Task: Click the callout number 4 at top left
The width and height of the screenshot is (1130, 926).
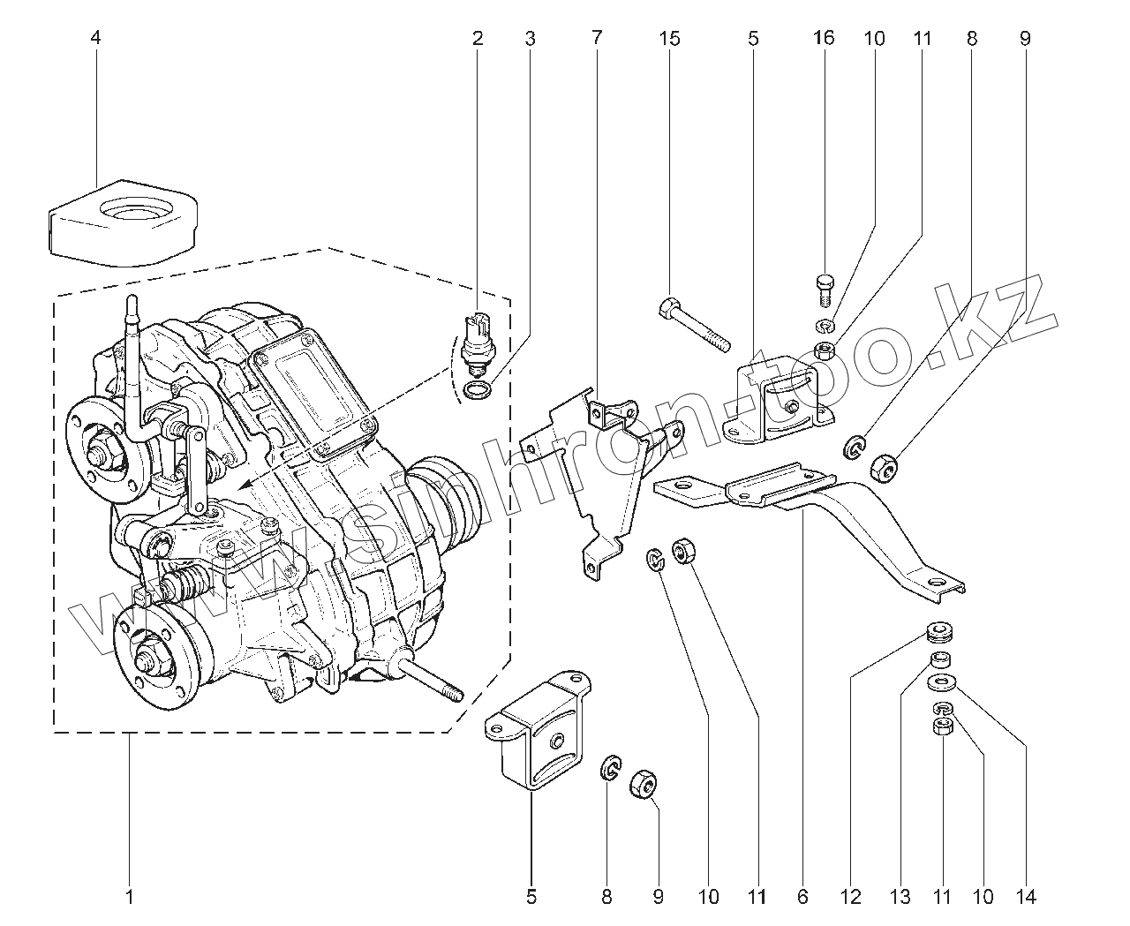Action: [95, 38]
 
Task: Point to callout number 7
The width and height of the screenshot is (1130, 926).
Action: [597, 38]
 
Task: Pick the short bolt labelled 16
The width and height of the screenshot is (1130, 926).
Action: [822, 288]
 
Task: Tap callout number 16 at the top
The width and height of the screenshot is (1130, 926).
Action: [823, 38]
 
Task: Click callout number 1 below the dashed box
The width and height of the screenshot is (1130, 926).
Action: [129, 898]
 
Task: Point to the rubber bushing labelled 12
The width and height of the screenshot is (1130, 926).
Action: [938, 633]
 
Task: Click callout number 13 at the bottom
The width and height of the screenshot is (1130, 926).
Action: [899, 898]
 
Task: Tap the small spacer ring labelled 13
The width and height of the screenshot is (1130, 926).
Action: [939, 659]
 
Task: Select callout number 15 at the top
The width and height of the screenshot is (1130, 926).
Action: [669, 38]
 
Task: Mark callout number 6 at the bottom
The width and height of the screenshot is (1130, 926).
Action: [802, 898]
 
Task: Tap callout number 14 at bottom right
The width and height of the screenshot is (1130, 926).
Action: [1025, 898]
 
